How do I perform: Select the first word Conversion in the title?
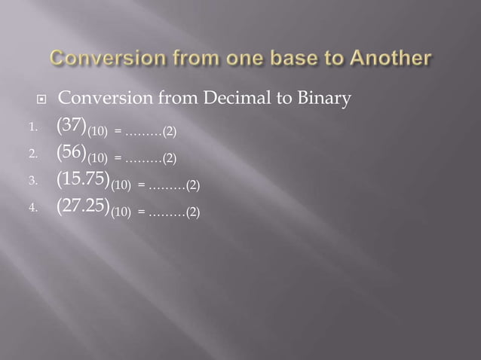coord(98,58)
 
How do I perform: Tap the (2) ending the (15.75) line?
coord(192,185)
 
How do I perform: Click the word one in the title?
coord(225,58)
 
